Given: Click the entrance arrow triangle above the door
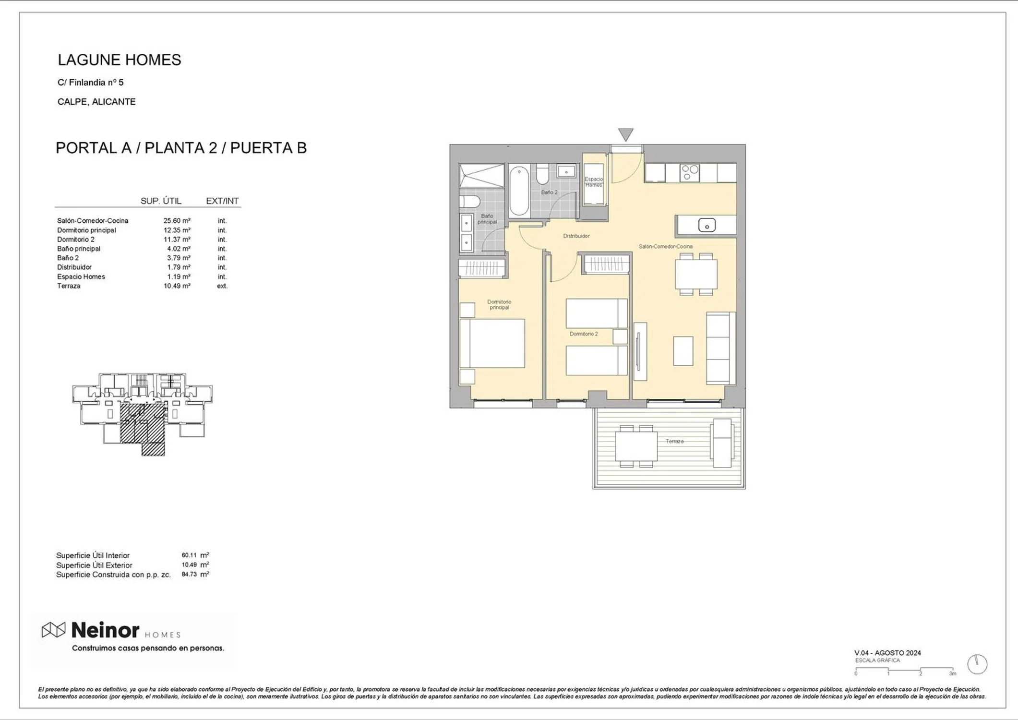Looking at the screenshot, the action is click(x=625, y=134).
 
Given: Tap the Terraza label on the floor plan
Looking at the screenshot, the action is click(x=674, y=441).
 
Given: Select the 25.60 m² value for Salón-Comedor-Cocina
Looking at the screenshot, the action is click(x=177, y=221).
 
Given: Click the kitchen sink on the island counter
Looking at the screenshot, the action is click(x=707, y=225).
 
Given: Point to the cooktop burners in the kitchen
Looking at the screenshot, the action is click(x=690, y=173).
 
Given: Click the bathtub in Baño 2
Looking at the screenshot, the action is click(x=519, y=191).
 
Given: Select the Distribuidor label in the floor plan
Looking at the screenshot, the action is click(x=576, y=236).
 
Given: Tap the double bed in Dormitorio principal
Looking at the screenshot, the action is click(x=492, y=344).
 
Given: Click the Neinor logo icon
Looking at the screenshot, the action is click(x=53, y=630).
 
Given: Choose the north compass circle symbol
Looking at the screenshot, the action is click(x=977, y=664).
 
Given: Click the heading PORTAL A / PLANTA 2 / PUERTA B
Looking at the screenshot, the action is click(x=181, y=148).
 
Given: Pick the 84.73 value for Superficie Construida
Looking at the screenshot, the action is click(x=189, y=574).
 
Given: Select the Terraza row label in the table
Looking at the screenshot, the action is click(x=69, y=286).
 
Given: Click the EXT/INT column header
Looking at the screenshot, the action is click(x=222, y=201).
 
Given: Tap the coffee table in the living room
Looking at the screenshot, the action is click(x=683, y=351).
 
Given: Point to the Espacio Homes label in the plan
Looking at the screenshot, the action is click(x=594, y=182).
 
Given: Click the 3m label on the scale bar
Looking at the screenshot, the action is click(x=952, y=674).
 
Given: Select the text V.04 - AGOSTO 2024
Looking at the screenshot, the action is click(x=887, y=653).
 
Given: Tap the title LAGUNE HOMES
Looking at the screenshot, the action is click(x=120, y=60).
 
